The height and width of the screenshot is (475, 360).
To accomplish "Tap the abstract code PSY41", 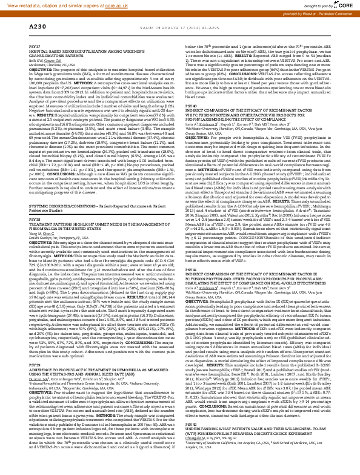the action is (x=190, y=267).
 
